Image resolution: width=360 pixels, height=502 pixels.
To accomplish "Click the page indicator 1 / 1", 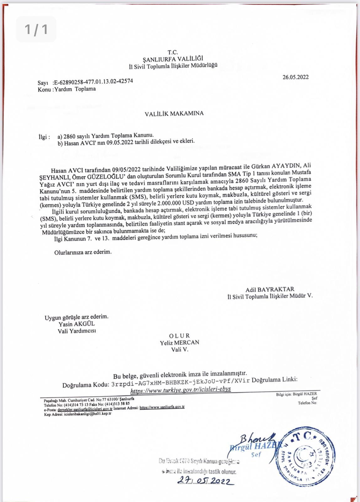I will pos(36,29).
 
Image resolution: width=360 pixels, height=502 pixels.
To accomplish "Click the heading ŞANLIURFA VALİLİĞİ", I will pos(173,59).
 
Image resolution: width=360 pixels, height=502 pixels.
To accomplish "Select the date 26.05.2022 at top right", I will pos(295,77).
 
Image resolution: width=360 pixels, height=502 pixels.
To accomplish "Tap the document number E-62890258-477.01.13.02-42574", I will pos(93,82).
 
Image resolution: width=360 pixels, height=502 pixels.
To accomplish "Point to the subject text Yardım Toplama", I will pos(75,89).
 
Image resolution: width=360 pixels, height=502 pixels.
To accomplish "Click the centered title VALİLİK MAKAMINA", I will pos(174,114).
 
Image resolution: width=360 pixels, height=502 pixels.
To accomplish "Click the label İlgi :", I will pos(44,137).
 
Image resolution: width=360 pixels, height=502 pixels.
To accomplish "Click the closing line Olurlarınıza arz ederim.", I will pos(83,252).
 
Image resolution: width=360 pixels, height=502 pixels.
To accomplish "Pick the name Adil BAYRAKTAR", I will pos(270,289).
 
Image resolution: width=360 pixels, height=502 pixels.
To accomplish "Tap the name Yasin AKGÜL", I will pos(77,324).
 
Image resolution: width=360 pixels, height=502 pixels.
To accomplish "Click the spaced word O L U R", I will pos(179,336).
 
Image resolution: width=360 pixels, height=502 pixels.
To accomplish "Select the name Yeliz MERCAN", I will pos(179,343).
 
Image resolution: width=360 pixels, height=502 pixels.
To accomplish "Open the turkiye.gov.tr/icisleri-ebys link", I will pos(180,389).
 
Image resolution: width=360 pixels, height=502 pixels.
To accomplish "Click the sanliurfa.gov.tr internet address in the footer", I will pos(162,408).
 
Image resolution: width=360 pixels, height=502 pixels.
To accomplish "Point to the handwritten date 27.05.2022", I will pos(205,481).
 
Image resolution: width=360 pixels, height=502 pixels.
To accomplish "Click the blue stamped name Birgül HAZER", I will pos(253,447).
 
